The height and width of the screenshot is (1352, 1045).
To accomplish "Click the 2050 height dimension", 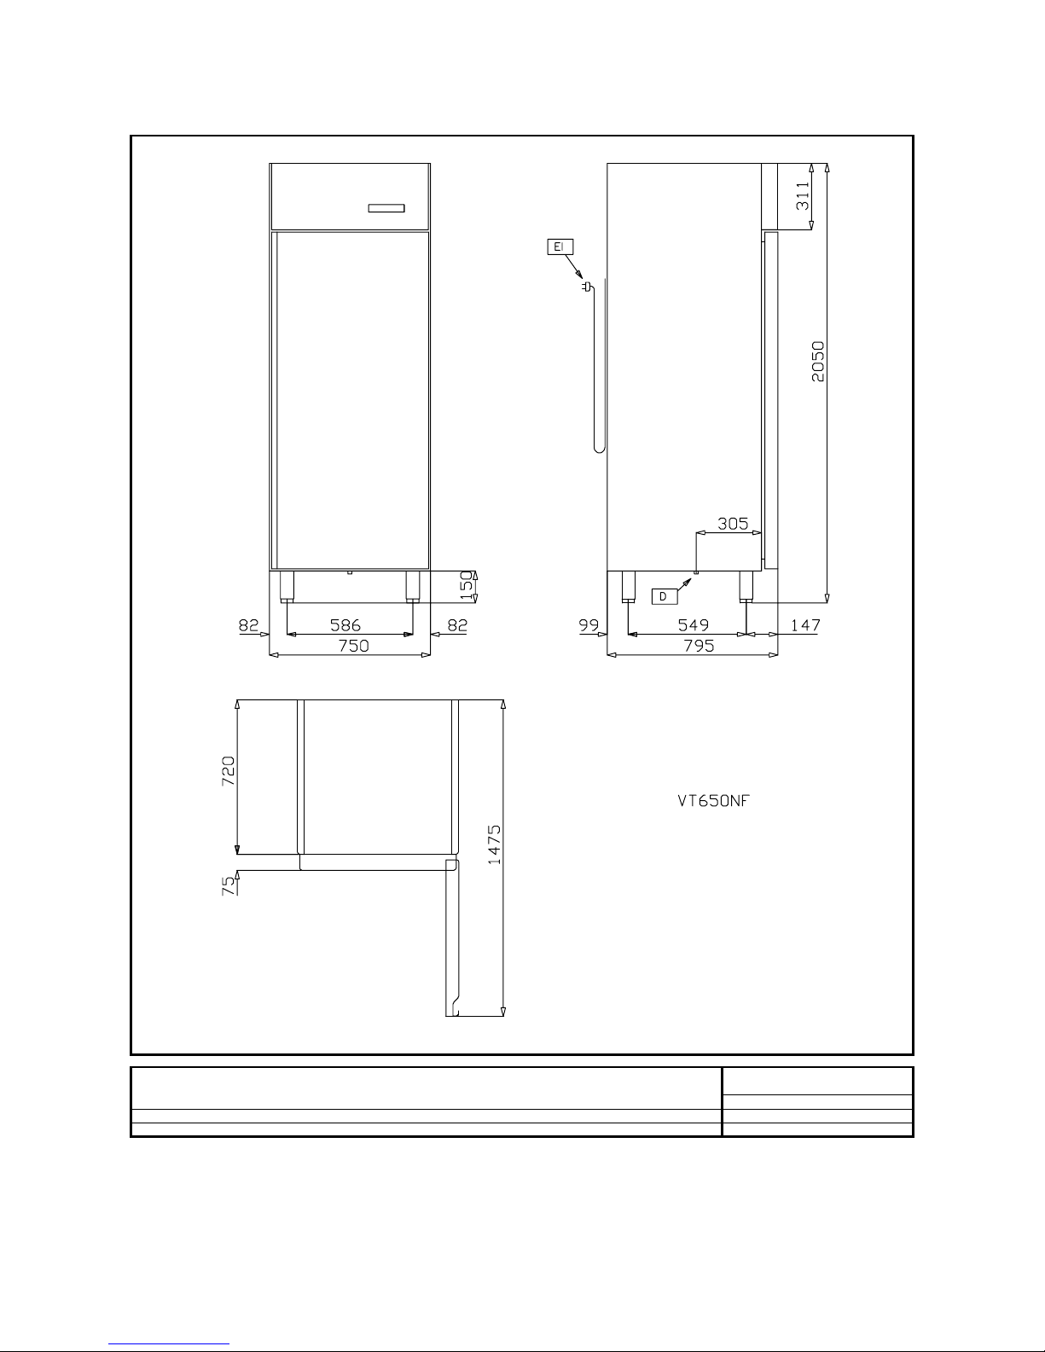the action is tap(817, 362).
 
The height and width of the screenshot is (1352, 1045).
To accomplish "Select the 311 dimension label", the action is tap(803, 195).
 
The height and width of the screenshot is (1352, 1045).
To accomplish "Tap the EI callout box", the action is tap(560, 247).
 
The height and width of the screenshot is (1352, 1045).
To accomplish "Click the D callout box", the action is tap(664, 597).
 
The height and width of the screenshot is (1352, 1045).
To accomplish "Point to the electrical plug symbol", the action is tap(586, 287).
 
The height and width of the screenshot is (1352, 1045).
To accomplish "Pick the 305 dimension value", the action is tap(733, 523).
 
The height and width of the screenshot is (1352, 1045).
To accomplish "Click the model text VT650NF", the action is tap(713, 801).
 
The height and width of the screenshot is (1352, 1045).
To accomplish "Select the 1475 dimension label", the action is tap(494, 845).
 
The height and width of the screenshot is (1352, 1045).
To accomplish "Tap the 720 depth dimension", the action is tap(229, 771).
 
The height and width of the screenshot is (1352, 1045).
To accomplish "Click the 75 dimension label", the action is tap(229, 885).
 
